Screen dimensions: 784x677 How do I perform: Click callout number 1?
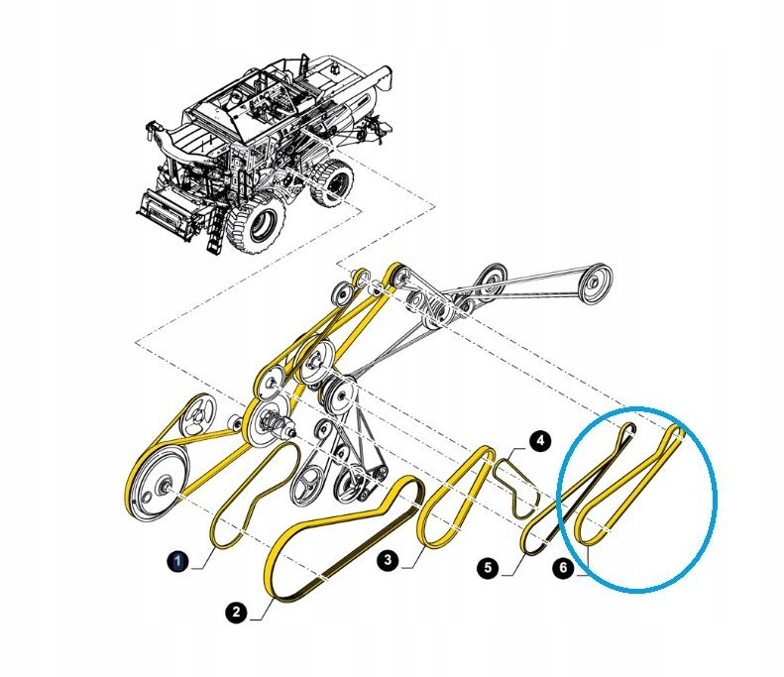pos(178,561)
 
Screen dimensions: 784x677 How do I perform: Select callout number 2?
pos(236,613)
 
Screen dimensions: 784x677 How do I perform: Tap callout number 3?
pos(388,560)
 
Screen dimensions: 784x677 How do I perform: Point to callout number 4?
pos(540,441)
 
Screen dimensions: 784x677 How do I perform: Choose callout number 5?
pos(488,568)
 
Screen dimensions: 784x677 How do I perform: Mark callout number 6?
pos(564,568)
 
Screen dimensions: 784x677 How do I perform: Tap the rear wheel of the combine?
pos(332,182)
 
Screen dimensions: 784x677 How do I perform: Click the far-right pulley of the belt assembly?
pos(594,283)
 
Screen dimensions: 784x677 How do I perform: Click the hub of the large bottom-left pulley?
pos(166,486)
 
